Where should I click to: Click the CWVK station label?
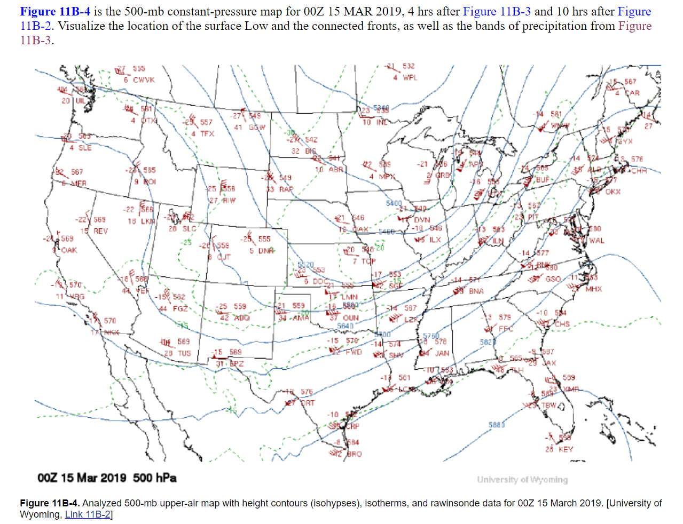pos(144,80)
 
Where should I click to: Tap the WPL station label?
pos(410,78)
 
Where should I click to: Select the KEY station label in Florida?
pos(566,449)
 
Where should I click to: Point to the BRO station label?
pos(354,454)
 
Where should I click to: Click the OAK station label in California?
pos(69,250)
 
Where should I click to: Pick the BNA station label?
pos(476,291)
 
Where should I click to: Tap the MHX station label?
pos(594,289)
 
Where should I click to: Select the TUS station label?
pos(184,353)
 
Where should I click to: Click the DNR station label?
pos(266,251)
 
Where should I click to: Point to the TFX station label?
pos(207,134)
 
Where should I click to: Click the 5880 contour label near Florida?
pos(497,425)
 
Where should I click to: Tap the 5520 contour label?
pos(305,265)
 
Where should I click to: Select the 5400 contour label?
pos(394,203)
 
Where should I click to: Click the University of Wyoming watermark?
pos(522,480)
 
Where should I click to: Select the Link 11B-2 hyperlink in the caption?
pos(88,514)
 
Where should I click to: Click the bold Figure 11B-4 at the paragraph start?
pos(55,12)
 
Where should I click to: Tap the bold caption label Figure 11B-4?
pos(50,503)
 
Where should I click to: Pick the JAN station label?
pos(442,353)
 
